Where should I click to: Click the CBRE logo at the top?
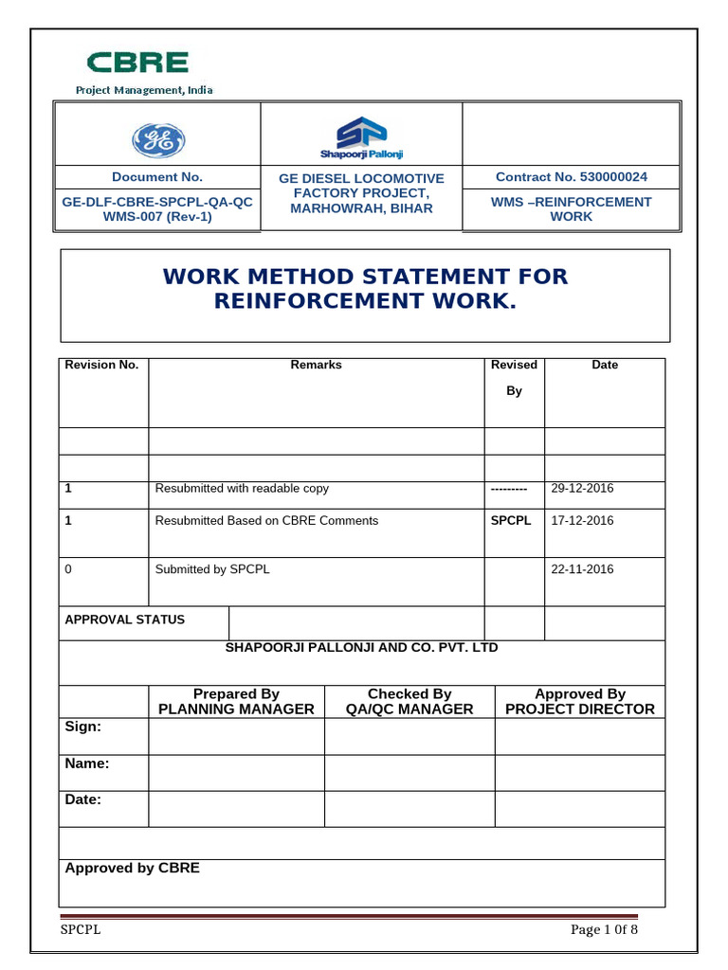click(138, 63)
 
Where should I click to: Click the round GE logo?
click(157, 141)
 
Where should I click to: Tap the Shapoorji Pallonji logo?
click(360, 136)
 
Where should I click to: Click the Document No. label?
click(157, 177)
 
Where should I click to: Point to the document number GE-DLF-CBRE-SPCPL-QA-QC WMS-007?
click(157, 209)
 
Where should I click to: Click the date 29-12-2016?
click(582, 489)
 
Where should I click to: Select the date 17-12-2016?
click(582, 521)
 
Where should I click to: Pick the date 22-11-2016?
click(582, 569)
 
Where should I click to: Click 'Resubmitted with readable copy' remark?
click(242, 489)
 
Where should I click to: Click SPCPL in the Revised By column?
click(511, 521)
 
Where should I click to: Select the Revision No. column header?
click(101, 365)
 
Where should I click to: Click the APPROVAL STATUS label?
click(124, 620)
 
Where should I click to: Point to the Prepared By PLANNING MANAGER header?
click(236, 702)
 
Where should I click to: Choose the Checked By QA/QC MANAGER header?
click(409, 702)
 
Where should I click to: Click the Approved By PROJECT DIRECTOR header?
click(580, 702)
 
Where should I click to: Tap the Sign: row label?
click(82, 727)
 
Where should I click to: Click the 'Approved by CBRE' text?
click(132, 868)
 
